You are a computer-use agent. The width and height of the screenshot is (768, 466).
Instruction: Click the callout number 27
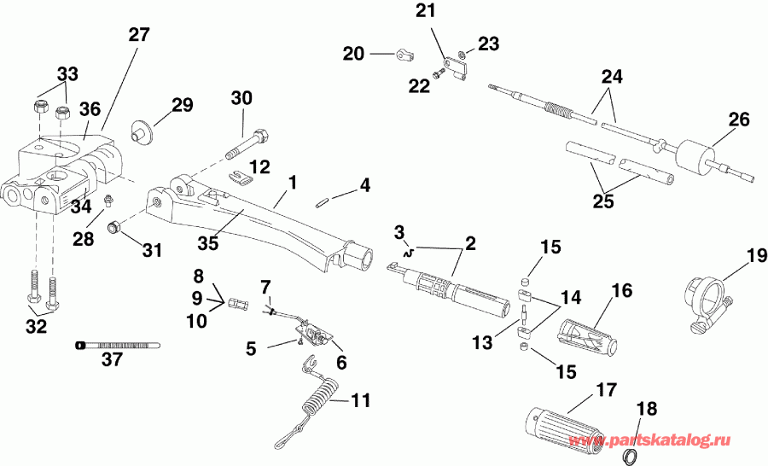(x=138, y=35)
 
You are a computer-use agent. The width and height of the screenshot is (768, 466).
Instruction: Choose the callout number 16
(x=620, y=292)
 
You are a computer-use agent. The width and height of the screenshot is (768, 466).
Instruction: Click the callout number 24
(x=610, y=77)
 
